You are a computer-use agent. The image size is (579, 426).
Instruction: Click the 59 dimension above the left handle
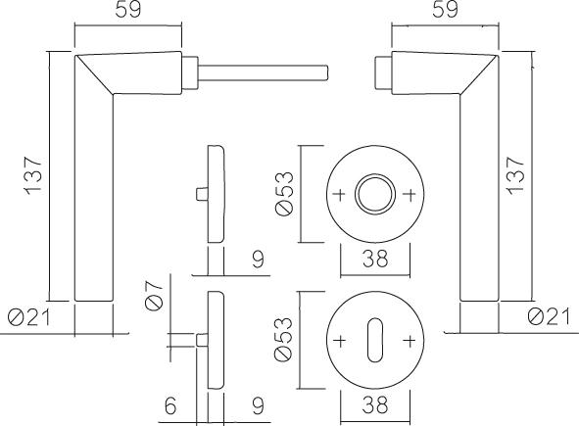[128, 9]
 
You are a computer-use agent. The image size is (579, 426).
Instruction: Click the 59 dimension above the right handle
[446, 9]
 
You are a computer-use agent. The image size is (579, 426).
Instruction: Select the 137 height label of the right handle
[516, 175]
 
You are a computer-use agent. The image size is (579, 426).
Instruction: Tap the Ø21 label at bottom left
[28, 317]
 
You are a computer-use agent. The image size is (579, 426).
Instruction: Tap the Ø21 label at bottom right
[549, 316]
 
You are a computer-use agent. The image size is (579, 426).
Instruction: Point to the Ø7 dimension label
[154, 295]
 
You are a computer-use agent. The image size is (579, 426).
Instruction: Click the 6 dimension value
[170, 406]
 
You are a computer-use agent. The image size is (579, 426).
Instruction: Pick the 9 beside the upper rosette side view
[258, 260]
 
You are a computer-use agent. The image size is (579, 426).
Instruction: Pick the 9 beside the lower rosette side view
[258, 405]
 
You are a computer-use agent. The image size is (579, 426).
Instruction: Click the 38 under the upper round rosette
[375, 259]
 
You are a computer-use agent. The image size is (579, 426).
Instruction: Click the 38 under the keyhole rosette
[375, 404]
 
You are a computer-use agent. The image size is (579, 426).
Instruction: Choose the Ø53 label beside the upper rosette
[284, 193]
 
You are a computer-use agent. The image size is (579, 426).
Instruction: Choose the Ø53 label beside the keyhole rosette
[283, 340]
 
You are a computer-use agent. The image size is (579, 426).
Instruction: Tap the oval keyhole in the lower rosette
[375, 340]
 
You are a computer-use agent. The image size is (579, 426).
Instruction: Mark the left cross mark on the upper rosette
[340, 194]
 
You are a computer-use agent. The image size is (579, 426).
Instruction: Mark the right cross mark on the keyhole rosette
[410, 341]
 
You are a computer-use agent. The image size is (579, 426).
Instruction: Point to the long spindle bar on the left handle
[263, 72]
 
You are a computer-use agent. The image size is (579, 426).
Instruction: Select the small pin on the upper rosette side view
[202, 194]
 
